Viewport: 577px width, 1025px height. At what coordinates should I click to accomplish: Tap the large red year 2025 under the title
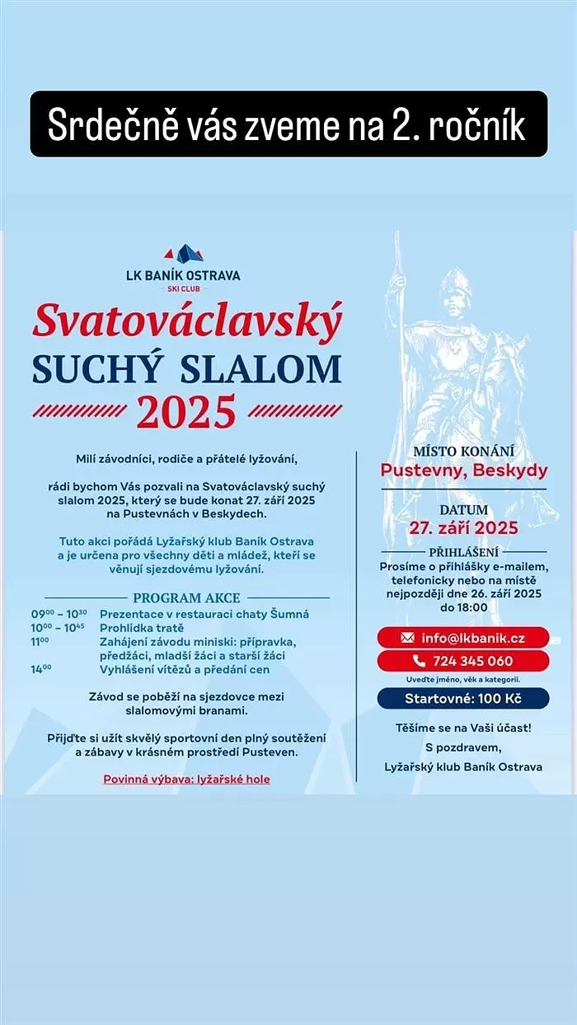point(186,412)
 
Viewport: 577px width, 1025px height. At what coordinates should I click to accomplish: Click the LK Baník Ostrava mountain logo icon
point(183,253)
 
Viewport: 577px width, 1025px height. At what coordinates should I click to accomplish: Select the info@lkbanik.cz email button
point(463,638)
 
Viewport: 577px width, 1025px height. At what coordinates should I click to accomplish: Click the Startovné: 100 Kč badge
point(463,699)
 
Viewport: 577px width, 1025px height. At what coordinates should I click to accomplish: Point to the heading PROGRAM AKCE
point(186,597)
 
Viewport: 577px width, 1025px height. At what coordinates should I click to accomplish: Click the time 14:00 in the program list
point(41,669)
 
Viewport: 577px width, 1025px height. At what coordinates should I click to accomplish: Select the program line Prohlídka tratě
point(142,628)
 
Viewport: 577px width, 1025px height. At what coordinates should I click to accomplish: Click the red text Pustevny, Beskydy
point(463,470)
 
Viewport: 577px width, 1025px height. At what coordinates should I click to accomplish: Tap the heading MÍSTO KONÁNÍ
point(463,451)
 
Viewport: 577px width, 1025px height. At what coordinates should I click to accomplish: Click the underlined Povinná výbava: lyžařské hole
point(186,779)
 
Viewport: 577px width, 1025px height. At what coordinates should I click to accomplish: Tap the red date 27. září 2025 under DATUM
point(463,528)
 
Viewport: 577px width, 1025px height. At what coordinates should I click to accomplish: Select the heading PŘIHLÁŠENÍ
point(463,551)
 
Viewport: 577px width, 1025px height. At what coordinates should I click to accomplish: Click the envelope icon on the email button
point(406,638)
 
